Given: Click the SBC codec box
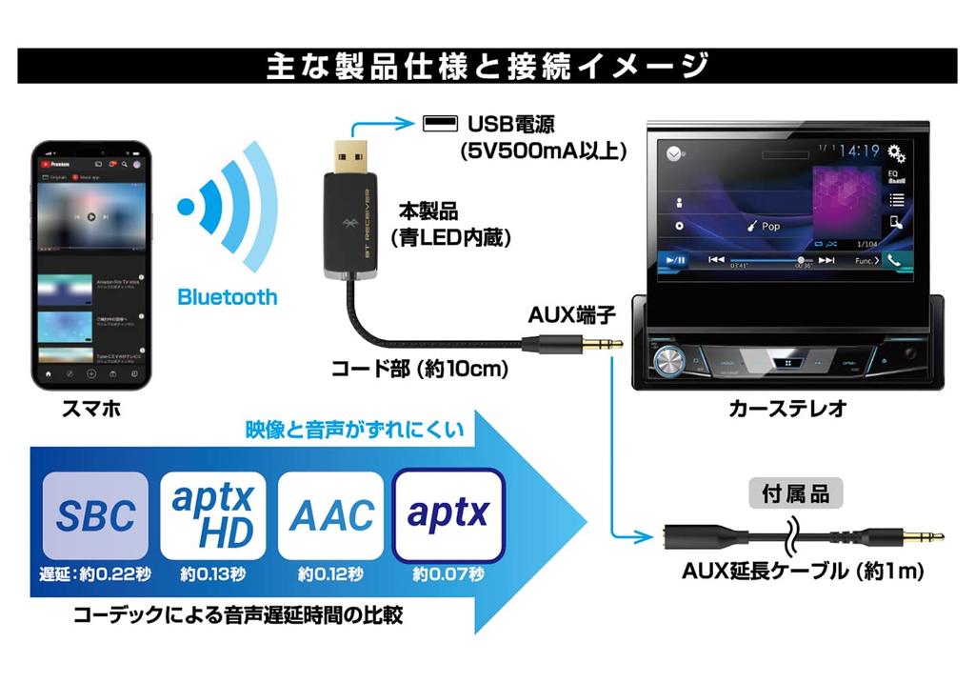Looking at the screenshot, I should click(x=95, y=514).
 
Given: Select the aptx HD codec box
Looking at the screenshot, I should click(x=213, y=514).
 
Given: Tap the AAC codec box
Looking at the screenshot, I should click(x=330, y=514).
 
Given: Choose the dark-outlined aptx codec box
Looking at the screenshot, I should click(x=448, y=514).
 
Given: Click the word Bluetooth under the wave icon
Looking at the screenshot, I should click(x=228, y=297).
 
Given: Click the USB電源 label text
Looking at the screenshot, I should click(x=511, y=125).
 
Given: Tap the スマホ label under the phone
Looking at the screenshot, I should click(x=90, y=410).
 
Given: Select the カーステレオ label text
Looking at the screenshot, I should click(x=786, y=410).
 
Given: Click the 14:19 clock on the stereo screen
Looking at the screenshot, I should click(x=859, y=151).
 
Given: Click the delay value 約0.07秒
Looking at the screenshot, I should click(x=448, y=574).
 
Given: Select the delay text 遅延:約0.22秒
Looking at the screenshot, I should click(x=95, y=574).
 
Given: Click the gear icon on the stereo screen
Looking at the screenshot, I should click(x=895, y=151).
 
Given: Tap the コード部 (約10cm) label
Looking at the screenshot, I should click(x=419, y=369).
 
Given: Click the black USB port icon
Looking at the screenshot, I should click(x=439, y=124).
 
